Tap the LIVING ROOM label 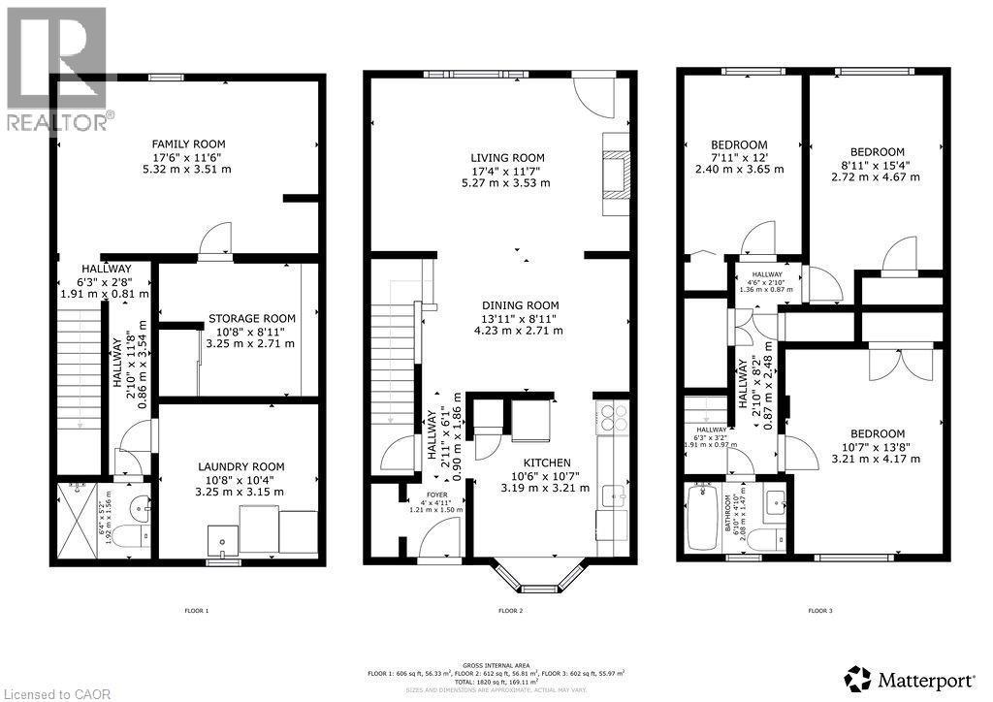[507, 158]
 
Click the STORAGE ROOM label [251, 318]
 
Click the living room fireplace [616, 166]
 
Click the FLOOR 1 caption [196, 611]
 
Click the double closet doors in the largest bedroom [889, 363]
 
